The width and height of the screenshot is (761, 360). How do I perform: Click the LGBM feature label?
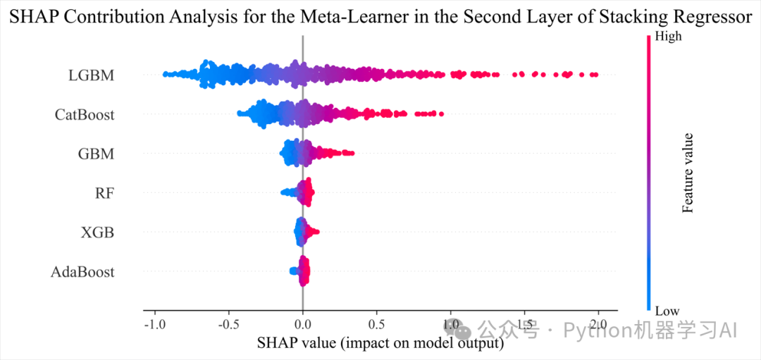point(91,74)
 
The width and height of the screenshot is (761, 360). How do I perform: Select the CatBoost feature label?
point(85,114)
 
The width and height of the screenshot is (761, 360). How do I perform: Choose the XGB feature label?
point(97,232)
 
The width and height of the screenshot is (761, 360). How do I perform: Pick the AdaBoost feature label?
point(82,271)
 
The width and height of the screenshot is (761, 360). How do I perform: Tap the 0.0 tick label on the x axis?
point(302,325)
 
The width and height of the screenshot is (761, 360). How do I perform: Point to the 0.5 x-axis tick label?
point(376,325)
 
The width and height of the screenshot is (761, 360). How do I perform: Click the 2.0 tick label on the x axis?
point(598,325)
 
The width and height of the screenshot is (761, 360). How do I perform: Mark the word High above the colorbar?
point(668,37)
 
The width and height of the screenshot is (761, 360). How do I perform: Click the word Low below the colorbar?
point(667,311)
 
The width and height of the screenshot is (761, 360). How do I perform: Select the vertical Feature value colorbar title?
point(688,173)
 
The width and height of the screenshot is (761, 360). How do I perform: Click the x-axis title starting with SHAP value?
point(380,343)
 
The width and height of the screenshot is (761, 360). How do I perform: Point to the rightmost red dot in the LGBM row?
point(595,75)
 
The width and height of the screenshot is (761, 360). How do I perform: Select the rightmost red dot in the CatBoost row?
point(441,113)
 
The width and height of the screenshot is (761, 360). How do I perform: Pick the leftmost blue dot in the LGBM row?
point(165,74)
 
